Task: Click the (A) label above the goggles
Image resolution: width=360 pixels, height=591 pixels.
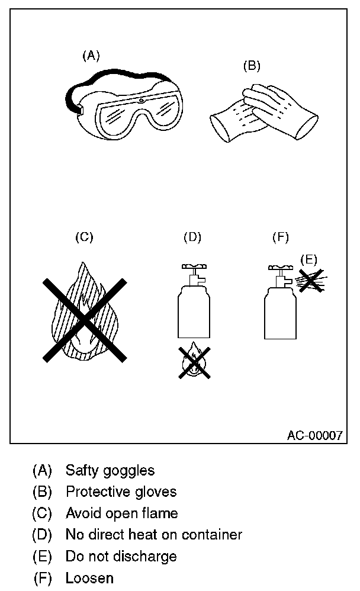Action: [91, 56]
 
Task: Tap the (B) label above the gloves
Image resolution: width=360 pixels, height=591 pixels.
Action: [252, 66]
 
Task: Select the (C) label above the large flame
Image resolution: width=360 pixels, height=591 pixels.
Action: [84, 237]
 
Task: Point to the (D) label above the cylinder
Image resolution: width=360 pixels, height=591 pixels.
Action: [192, 237]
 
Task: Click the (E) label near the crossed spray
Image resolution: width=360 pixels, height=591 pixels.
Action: [309, 259]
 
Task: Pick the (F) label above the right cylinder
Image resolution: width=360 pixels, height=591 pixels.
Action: [280, 237]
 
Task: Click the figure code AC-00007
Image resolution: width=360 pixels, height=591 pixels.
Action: [314, 436]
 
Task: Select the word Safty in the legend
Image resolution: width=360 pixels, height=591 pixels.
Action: [82, 471]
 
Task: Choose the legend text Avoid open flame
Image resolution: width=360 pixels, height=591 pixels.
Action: [121, 513]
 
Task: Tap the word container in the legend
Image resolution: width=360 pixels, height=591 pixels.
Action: [213, 535]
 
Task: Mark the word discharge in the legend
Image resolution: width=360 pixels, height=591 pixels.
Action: [149, 557]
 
